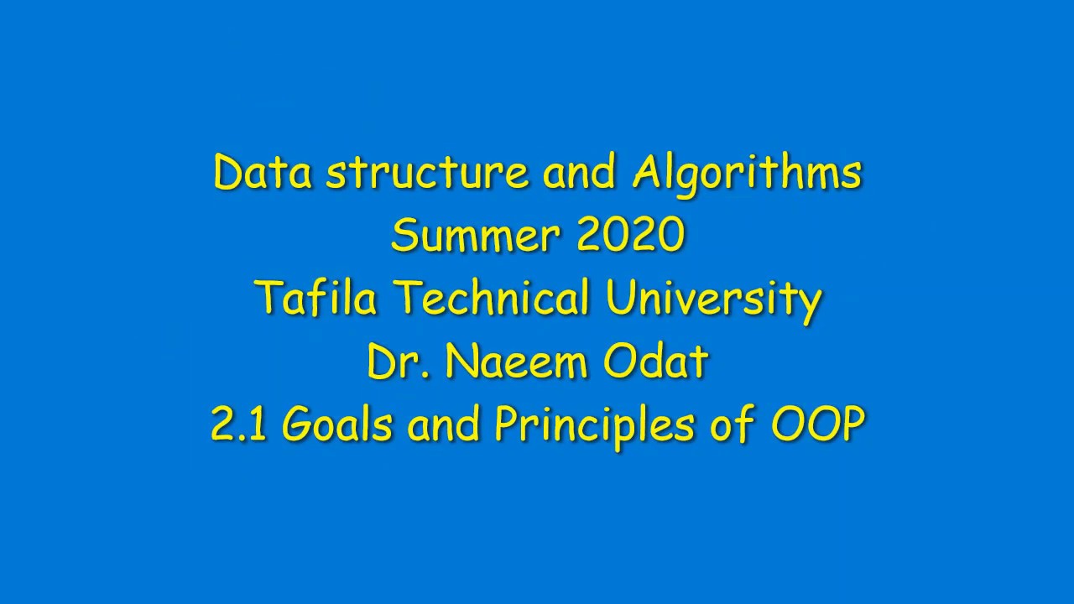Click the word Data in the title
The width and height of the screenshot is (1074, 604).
(263, 173)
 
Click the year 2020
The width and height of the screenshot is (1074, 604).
(630, 236)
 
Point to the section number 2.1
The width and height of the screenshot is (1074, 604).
(238, 425)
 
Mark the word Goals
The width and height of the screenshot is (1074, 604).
(337, 425)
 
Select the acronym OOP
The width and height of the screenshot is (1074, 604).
(817, 425)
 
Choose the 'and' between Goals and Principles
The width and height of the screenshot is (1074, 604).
(444, 425)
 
